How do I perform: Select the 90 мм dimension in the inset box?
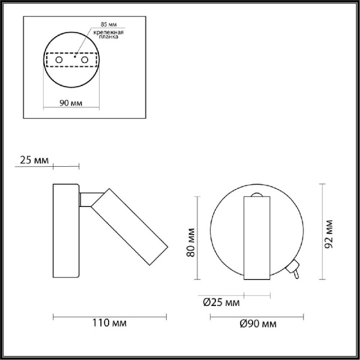(71, 103)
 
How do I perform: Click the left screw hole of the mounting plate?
(58, 61)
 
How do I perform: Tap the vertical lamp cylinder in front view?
(257, 238)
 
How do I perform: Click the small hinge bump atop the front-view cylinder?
(257, 196)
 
